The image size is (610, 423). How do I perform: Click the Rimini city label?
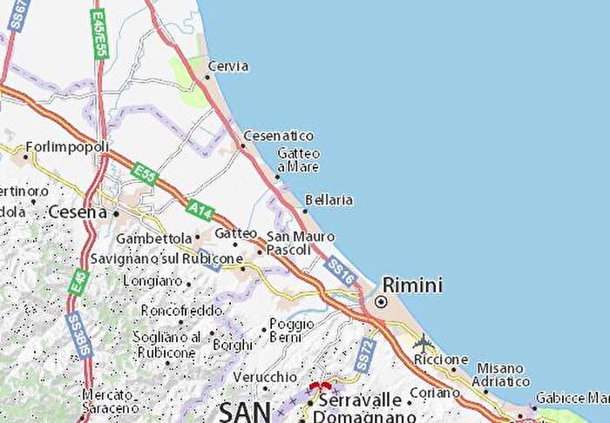click(412, 285)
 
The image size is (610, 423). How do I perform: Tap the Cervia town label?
click(228, 66)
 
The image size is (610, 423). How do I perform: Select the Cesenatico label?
click(278, 136)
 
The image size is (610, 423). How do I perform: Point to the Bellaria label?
click(329, 200)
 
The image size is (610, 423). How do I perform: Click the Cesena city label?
click(77, 211)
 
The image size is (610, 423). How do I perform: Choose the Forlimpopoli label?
click(67, 146)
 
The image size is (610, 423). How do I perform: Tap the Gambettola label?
click(153, 238)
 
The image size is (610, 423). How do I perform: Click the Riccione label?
click(441, 359)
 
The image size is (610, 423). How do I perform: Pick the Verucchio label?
click(265, 377)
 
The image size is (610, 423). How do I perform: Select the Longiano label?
click(152, 281)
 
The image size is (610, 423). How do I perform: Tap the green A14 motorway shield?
click(200, 209)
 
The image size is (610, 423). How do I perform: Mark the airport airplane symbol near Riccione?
click(424, 340)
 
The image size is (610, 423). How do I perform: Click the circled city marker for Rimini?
click(380, 302)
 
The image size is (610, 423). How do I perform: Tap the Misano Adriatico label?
click(500, 374)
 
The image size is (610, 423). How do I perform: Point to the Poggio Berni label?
click(291, 330)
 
